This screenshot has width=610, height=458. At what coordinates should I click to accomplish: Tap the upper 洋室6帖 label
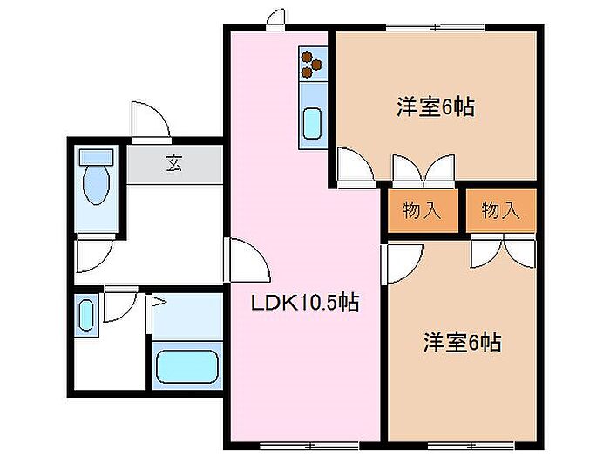(x=435, y=108)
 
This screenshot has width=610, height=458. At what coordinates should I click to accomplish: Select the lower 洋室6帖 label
(x=462, y=342)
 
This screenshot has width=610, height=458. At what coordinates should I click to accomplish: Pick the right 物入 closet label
(x=500, y=210)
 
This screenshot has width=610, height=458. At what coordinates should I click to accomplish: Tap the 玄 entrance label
(x=174, y=162)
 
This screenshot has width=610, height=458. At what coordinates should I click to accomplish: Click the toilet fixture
(x=95, y=179)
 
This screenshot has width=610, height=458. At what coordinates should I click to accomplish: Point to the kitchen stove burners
(x=311, y=62)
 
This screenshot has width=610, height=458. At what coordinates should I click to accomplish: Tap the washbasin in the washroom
(x=85, y=314)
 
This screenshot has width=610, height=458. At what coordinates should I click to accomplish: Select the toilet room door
(x=93, y=256)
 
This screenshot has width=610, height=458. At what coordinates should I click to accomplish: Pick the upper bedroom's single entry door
(x=353, y=167)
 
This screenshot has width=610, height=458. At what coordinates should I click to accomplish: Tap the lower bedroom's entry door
(x=403, y=263)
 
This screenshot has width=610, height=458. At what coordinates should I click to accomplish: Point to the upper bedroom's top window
(x=436, y=27)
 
